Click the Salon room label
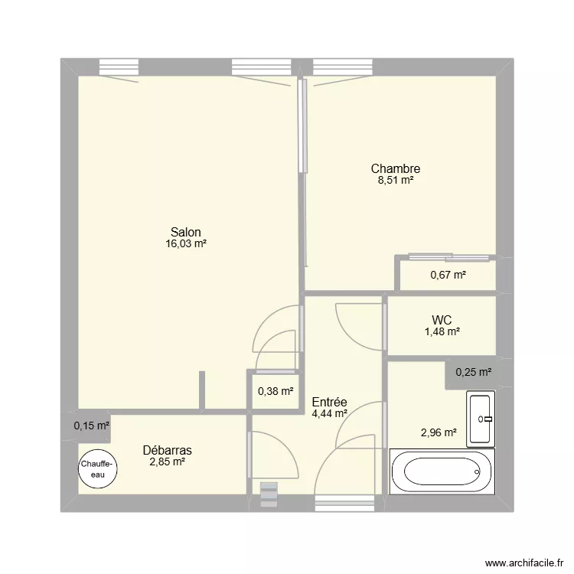186,232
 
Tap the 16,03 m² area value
186,244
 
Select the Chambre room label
395,168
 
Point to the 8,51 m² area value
395,181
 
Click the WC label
442,319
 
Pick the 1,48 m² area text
442,331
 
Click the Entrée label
330,401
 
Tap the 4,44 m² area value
330,413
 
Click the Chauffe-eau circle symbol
98,469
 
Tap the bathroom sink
481,419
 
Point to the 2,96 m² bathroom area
439,433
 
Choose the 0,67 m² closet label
448,275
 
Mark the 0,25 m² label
473,373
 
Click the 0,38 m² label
276,391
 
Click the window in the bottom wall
340,503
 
